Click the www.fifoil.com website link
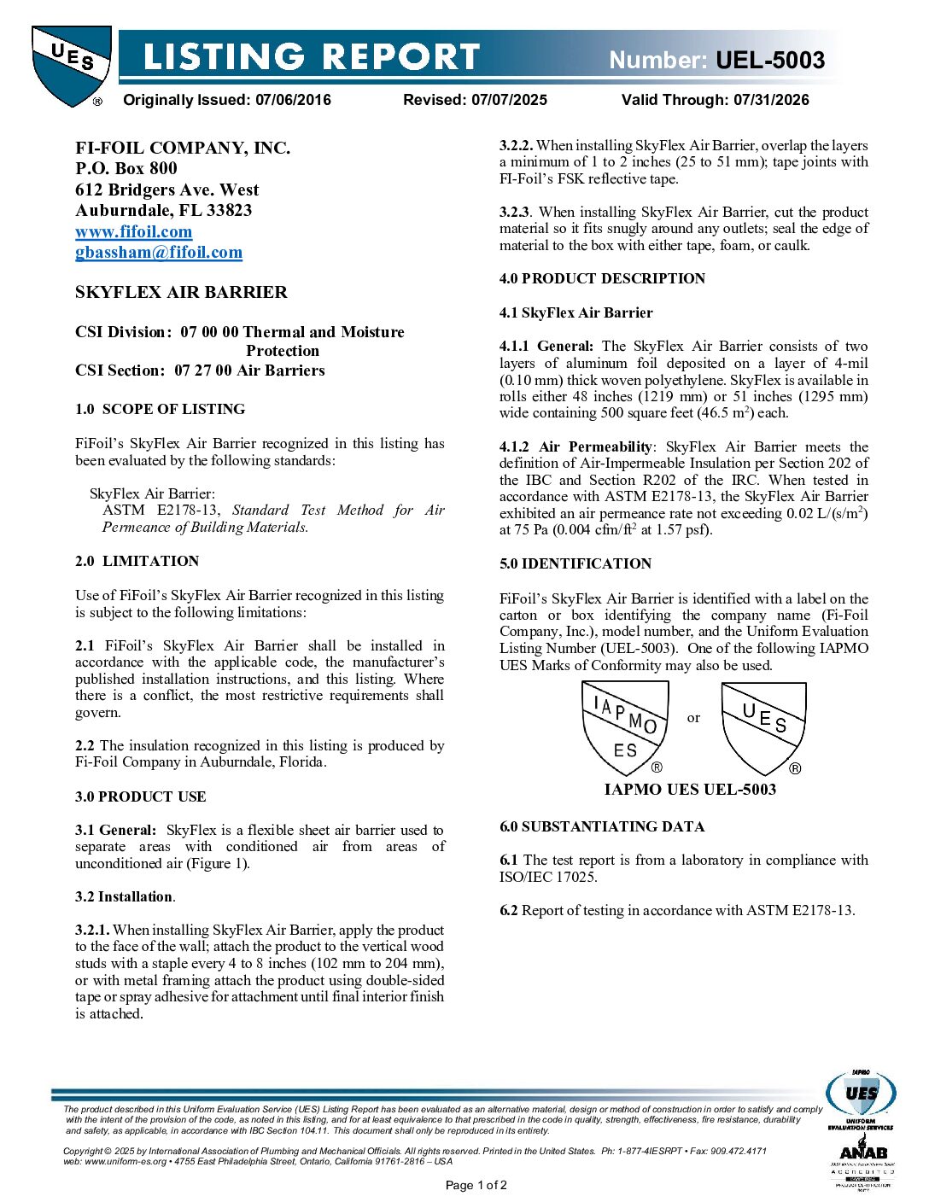[133, 231]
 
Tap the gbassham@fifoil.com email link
[159, 252]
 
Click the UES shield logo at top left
[71, 66]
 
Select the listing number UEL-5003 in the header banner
[769, 60]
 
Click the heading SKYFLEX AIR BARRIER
[181, 292]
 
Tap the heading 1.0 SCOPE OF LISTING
[160, 409]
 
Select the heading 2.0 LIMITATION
[137, 561]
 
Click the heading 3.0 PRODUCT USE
[140, 796]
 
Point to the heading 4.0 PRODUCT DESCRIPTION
[602, 278]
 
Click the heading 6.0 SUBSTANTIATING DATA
[602, 826]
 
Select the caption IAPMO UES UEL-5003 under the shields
[690, 789]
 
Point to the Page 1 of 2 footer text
[476, 1185]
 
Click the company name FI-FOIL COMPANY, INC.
[183, 148]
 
